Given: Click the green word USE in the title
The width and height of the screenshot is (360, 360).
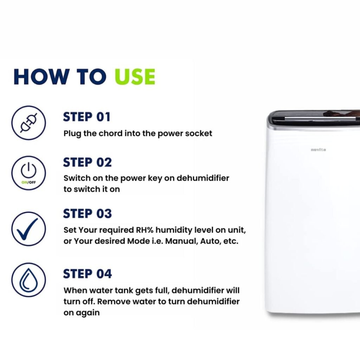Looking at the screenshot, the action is (135, 77).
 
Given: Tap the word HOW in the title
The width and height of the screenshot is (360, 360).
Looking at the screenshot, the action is (41, 77).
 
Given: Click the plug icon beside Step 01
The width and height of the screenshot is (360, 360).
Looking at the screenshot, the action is (28, 123).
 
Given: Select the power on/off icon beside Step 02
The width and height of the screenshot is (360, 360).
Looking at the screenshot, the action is (28, 173).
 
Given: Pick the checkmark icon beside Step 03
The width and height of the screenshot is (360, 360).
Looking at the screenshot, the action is (28, 229).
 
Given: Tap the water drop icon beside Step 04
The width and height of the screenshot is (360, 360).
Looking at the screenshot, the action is (28, 280).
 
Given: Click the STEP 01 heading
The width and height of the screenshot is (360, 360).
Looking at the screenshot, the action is (87, 117).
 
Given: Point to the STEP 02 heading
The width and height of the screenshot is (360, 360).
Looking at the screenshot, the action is (88, 162).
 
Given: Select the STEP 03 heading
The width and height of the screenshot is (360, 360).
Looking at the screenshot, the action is (88, 213).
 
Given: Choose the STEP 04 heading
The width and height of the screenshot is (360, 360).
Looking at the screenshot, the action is (88, 274).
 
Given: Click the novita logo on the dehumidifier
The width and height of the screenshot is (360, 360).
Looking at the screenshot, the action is (318, 150).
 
